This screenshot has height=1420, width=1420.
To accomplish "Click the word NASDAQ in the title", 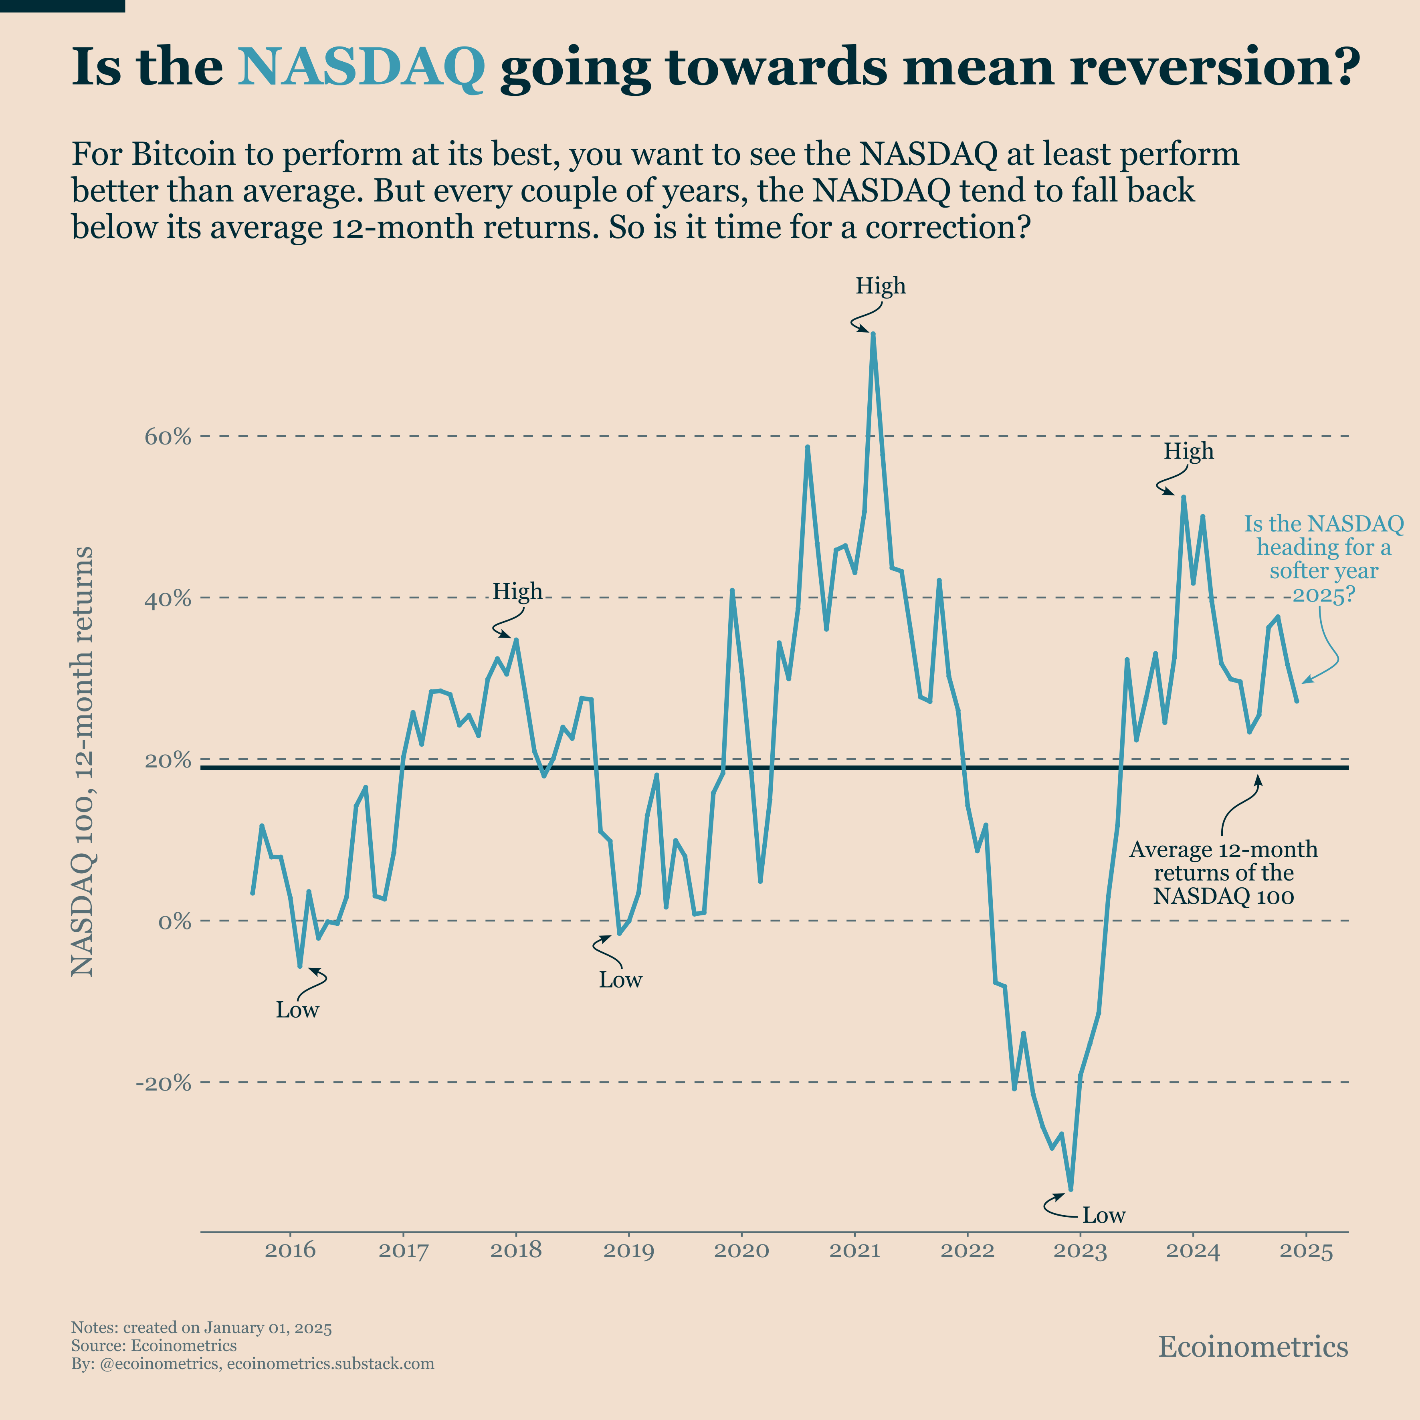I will point(361,68).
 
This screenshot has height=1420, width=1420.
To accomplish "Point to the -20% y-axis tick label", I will point(163,1083).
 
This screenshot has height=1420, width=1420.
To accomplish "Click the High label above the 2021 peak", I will point(881,286).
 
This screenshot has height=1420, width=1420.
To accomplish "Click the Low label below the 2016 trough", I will point(298,1010).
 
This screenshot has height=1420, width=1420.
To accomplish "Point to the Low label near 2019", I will point(620,980).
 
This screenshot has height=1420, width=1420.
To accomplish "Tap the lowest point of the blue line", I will point(1071,1188).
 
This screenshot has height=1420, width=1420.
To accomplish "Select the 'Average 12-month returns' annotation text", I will point(1223,873).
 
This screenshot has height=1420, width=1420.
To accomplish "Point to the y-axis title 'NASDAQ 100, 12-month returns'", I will point(82,761).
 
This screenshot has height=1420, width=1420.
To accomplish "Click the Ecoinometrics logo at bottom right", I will point(1252,1347).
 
